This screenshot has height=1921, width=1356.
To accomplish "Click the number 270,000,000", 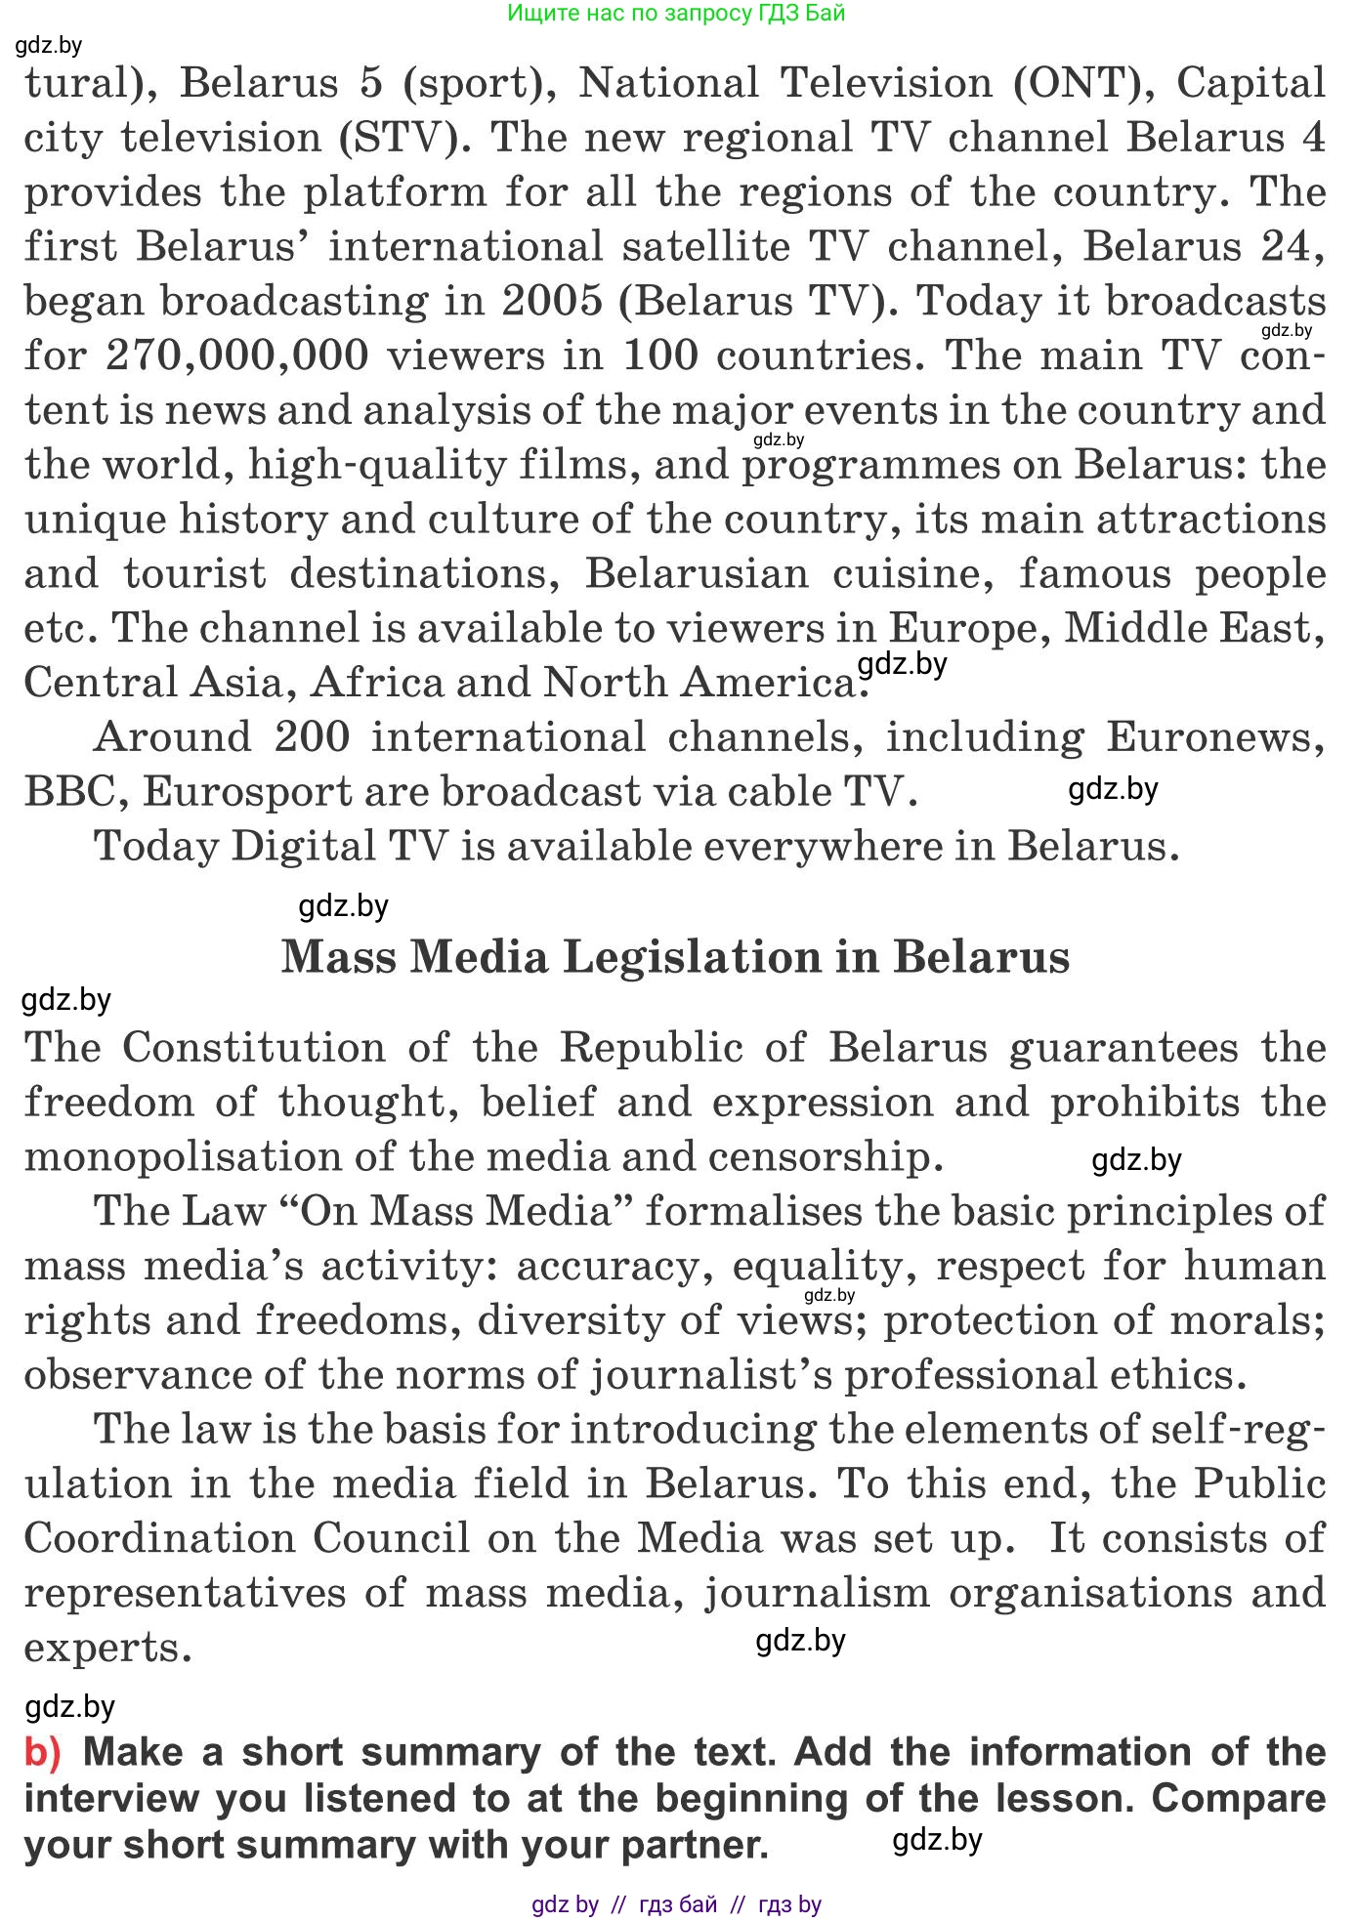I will [x=236, y=355].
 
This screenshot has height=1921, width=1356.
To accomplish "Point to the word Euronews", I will [x=1215, y=737].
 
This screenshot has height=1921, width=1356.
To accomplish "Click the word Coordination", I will [x=159, y=1539].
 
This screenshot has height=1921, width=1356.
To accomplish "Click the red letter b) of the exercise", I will [x=43, y=1753].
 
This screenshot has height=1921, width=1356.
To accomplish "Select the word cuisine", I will [x=912, y=573].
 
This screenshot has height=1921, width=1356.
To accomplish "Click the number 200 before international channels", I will [x=312, y=737].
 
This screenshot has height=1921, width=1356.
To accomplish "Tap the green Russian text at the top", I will [x=676, y=13].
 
